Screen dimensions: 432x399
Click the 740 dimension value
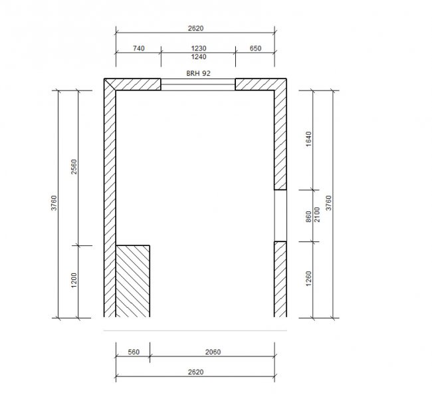point(139,49)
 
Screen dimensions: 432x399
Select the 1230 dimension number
point(199,49)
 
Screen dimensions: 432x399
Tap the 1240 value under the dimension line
point(199,57)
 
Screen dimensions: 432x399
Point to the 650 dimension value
point(255,49)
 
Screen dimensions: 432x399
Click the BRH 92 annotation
point(198,73)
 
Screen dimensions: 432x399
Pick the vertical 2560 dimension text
point(74,166)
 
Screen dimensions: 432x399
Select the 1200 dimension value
point(74,280)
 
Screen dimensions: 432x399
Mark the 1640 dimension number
point(308,139)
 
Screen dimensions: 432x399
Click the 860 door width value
point(308,217)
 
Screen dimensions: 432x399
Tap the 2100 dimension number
point(317,215)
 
